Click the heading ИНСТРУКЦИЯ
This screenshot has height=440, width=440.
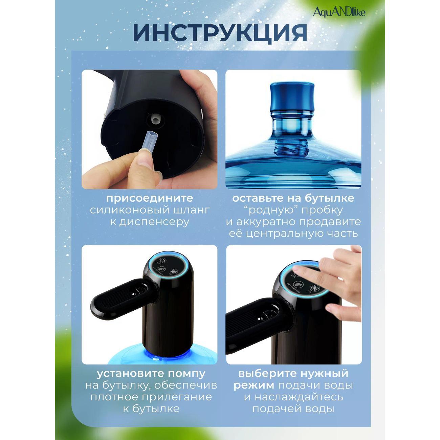coord(220,33)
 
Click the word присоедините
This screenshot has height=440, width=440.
coord(149,198)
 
